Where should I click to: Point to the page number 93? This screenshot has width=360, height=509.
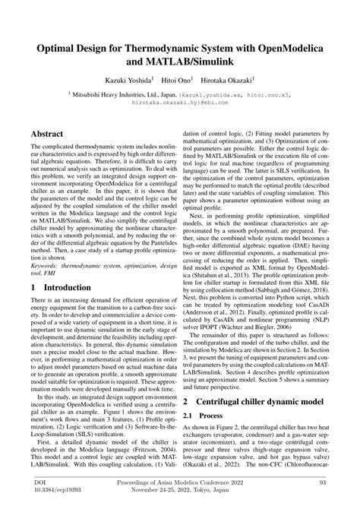click(x=326, y=482)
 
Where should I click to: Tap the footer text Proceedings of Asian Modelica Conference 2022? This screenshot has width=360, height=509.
click(x=179, y=482)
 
